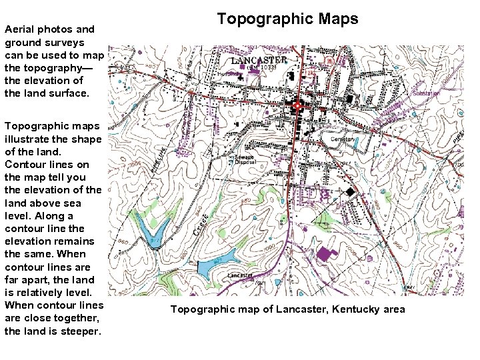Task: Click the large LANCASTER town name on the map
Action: [x=259, y=60]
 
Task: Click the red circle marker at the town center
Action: [x=297, y=105]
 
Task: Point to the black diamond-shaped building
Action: [x=349, y=191]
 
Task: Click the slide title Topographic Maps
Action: [x=287, y=19]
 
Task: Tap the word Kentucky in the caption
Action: [x=355, y=309]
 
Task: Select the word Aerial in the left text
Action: [x=19, y=29]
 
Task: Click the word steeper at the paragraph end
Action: [x=81, y=331]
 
